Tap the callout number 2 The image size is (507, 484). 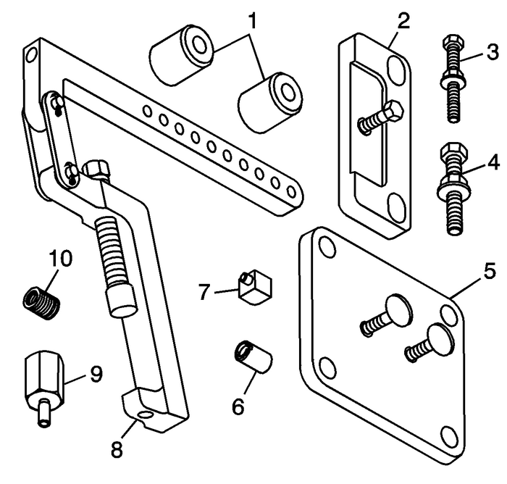coord(403,20)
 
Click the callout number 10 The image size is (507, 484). coord(60,257)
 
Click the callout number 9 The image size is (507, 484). coord(95,374)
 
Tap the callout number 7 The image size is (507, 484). coord(206,293)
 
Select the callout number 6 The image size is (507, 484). coord(238,406)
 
